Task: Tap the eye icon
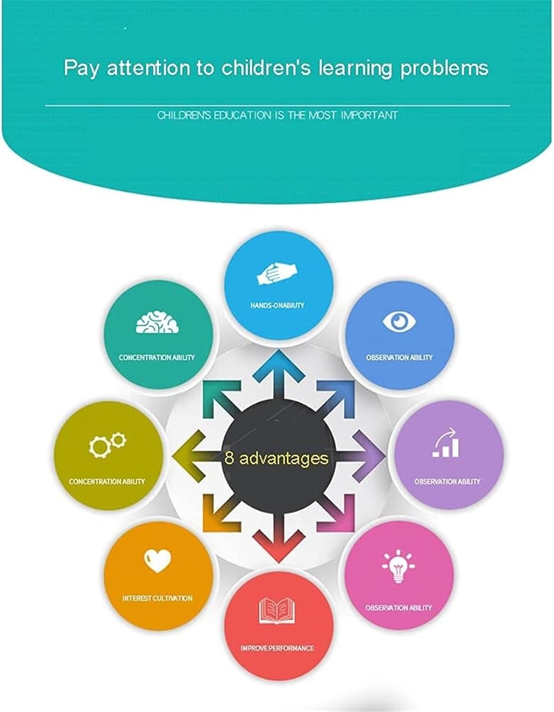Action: (399, 321)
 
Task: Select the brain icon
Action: (157, 322)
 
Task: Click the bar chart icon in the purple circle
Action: (446, 443)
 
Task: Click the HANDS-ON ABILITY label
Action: (278, 305)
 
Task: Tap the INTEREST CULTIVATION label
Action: (157, 598)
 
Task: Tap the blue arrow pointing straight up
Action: (279, 377)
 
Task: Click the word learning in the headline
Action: (355, 69)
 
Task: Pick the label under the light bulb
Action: (399, 608)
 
